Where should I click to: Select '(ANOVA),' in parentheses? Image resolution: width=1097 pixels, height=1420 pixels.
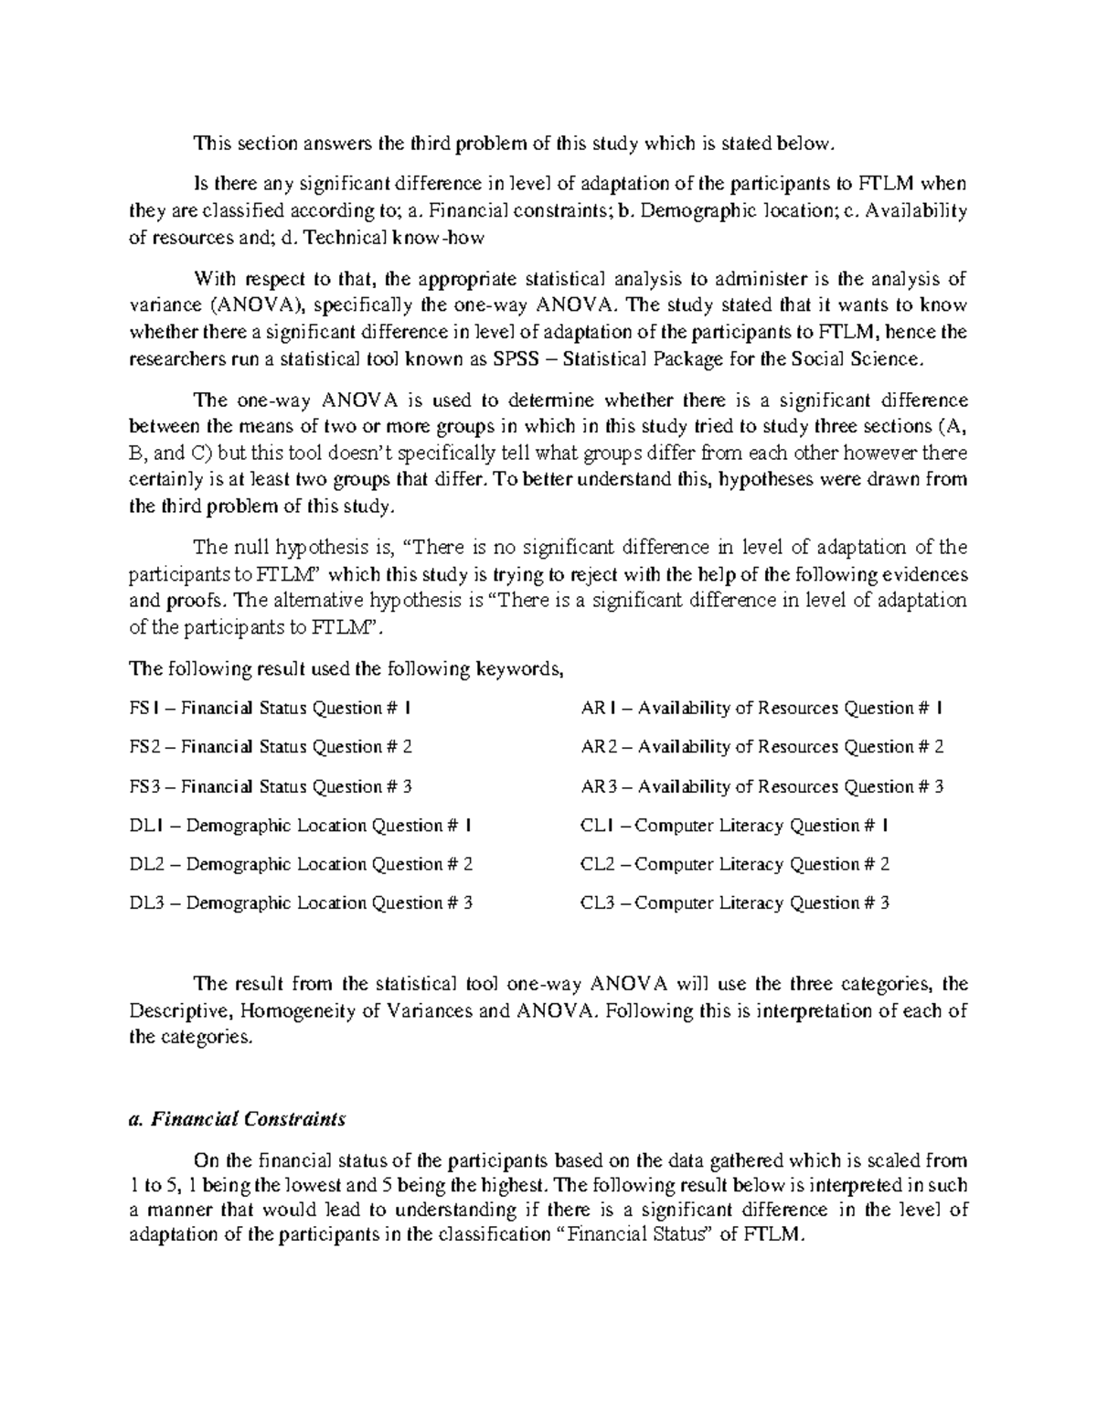pyautogui.click(x=256, y=305)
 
